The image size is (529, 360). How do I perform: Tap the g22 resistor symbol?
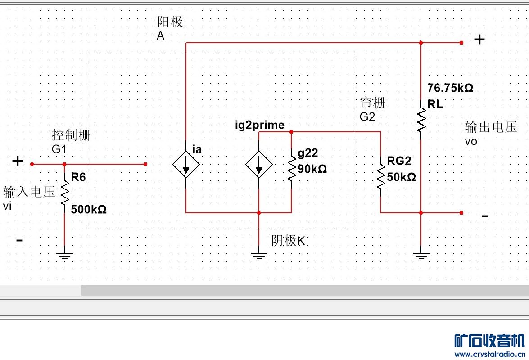click(x=291, y=169)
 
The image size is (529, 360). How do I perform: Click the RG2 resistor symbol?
click(x=381, y=176)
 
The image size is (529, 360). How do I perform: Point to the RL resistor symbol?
click(x=421, y=118)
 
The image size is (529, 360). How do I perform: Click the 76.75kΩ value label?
click(x=450, y=88)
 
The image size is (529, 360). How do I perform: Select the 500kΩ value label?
click(x=89, y=209)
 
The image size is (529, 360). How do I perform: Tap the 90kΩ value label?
click(x=312, y=169)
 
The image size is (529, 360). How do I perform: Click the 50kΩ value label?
click(x=401, y=177)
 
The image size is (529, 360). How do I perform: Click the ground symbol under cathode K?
click(x=259, y=256)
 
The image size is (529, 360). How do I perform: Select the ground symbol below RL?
click(x=421, y=256)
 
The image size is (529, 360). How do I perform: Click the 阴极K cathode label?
click(x=288, y=241)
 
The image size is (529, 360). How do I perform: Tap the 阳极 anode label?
click(x=170, y=22)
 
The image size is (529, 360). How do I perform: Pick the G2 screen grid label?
click(x=367, y=117)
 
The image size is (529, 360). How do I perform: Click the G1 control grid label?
click(x=59, y=149)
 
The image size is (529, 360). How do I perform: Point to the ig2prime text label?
click(x=260, y=125)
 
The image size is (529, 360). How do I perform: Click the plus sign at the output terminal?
click(x=479, y=40)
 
